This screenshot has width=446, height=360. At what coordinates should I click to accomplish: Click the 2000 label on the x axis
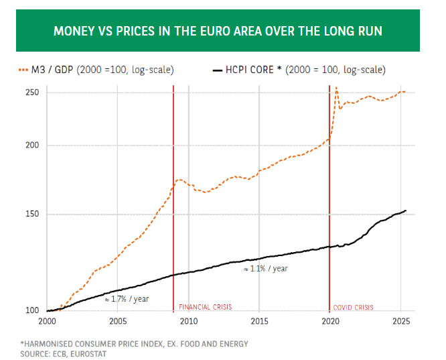[47, 322]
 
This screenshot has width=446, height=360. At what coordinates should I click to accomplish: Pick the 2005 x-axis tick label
[118, 322]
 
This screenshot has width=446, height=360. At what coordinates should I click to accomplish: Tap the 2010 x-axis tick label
[189, 322]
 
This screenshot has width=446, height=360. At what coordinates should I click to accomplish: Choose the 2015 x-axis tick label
[259, 322]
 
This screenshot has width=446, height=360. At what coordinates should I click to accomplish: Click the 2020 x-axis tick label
[330, 322]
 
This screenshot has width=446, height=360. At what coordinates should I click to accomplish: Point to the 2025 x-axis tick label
[400, 322]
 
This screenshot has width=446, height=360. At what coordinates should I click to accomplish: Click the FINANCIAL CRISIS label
[205, 307]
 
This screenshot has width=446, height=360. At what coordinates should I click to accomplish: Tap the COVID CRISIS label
[353, 307]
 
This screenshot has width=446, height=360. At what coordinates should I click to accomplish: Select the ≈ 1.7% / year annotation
[127, 299]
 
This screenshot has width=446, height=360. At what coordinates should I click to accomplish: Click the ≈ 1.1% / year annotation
[265, 268]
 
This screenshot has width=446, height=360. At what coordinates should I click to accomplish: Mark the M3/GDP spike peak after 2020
[336, 87]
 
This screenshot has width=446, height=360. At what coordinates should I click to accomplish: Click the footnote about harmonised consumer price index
[134, 344]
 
